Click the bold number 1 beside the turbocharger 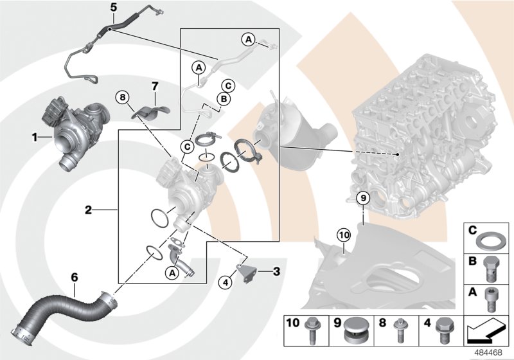click(35, 137)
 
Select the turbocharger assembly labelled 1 click(77, 129)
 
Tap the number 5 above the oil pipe click(113, 8)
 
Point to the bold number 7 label click(154, 86)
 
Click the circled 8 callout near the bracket click(123, 97)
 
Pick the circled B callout click(222, 99)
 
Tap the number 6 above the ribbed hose click(75, 277)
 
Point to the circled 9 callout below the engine click(362, 199)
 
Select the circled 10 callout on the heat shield click(344, 235)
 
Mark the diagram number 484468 click(492, 353)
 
